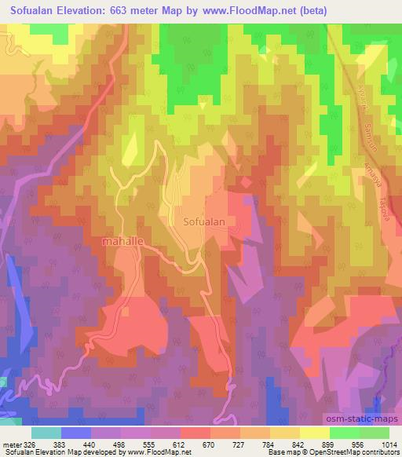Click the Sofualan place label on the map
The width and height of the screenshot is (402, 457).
click(x=204, y=222)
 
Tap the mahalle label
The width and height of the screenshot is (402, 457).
click(x=122, y=242)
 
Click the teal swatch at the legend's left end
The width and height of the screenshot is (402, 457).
click(x=46, y=432)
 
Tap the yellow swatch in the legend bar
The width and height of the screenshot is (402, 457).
click(x=315, y=432)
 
